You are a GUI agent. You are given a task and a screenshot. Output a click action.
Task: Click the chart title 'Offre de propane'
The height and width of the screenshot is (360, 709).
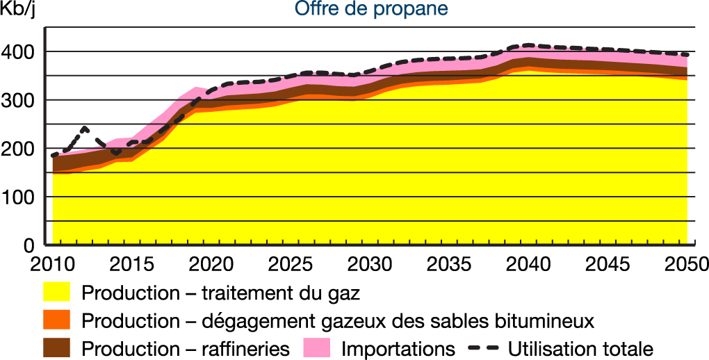(371, 9)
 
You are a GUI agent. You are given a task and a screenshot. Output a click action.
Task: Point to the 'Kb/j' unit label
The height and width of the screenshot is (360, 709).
(19, 10)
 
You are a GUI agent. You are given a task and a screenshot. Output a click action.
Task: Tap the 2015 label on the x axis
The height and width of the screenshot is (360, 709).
(130, 265)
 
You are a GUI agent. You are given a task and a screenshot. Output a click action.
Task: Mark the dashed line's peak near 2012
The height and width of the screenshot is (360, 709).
(84, 128)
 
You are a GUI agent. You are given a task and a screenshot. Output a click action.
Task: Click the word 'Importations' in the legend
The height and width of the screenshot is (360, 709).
(398, 347)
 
